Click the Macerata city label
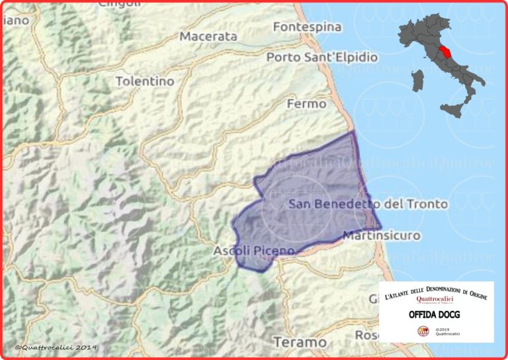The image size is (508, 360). [208, 36]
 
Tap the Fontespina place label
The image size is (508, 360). [307, 27]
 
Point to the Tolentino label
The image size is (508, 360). [145, 81]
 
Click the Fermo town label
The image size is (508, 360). [306, 104]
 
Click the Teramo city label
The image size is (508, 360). [300, 342]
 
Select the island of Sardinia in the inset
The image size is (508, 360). [417, 80]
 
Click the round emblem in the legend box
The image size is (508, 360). [421, 330]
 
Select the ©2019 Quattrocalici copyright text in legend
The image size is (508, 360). [448, 331]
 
